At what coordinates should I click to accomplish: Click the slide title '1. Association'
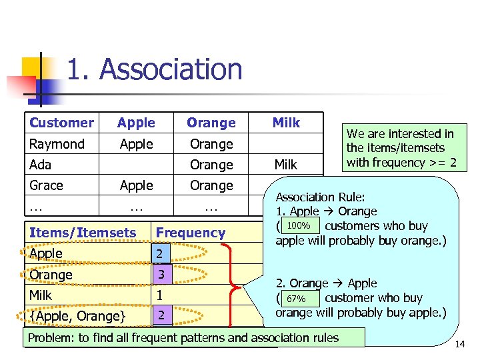(x=155, y=70)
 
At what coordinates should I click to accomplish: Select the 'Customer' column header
(x=61, y=123)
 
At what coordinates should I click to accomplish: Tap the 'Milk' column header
(x=286, y=123)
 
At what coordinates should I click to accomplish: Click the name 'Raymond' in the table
(x=57, y=144)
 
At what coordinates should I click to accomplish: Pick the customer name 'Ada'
(x=40, y=165)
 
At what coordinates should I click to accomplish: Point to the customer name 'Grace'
(x=46, y=185)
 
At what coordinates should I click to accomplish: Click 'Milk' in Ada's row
(x=286, y=165)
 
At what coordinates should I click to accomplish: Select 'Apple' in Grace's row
(x=136, y=185)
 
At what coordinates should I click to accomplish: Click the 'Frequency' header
(x=190, y=233)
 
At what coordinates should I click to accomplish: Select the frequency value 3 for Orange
(x=160, y=274)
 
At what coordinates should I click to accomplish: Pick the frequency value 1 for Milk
(x=159, y=295)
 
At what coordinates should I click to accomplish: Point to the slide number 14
(x=459, y=344)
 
